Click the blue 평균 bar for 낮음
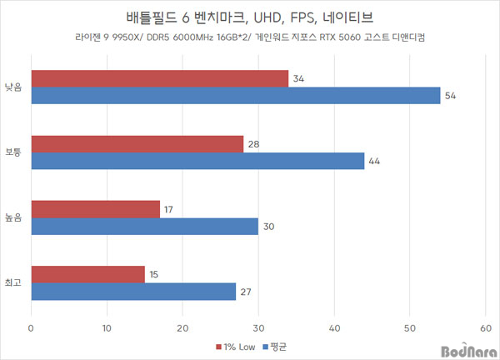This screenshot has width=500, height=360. coord(235,96)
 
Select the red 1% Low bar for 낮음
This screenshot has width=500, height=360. coord(159,78)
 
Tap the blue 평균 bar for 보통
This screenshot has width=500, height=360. coord(197,161)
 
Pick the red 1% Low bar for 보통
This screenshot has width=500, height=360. coord(137,144)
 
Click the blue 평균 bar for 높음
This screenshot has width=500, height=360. coord(144,226)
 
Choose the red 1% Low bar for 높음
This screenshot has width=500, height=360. coord(95,209)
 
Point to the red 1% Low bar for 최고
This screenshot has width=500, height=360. coord(87,274)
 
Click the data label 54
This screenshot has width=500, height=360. coord(451,97)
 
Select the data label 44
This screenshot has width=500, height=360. coord(374,162)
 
